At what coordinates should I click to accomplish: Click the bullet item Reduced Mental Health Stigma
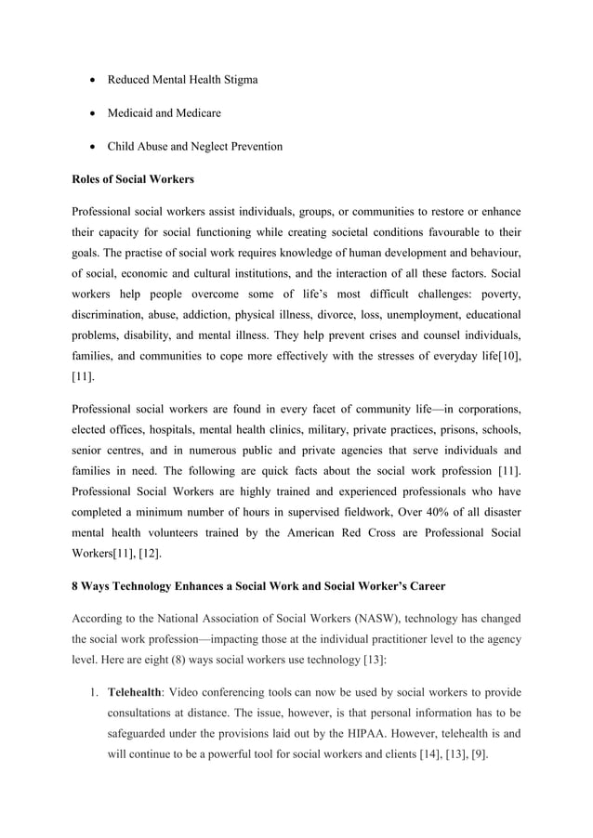tap(182, 80)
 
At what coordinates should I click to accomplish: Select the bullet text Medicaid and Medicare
tap(164, 113)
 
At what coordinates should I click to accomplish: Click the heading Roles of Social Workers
tap(135, 180)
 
